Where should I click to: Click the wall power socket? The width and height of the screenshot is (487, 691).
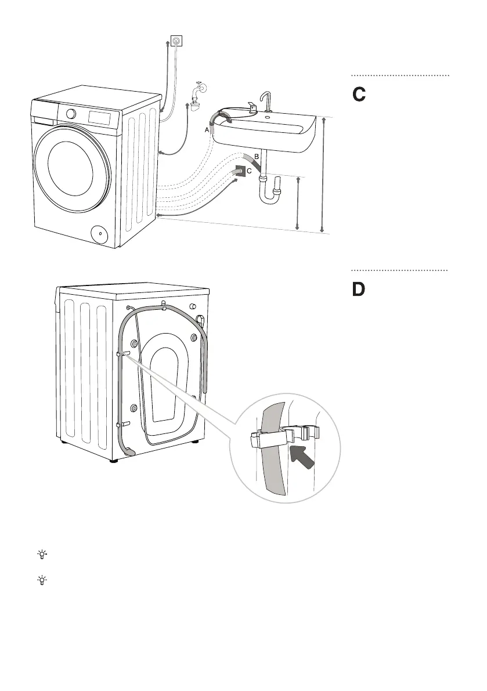pyautogui.click(x=176, y=41)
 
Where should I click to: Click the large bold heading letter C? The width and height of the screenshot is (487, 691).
pyautogui.click(x=359, y=95)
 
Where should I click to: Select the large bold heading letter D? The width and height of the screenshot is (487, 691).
pyautogui.click(x=359, y=290)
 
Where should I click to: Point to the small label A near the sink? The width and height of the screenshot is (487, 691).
pyautogui.click(x=207, y=130)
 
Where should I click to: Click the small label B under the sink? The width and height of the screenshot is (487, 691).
pyautogui.click(x=257, y=156)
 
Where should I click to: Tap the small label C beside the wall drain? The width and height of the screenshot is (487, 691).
pyautogui.click(x=249, y=171)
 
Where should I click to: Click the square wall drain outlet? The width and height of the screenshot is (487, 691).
pyautogui.click(x=240, y=171)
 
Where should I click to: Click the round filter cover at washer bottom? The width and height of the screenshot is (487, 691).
pyautogui.click(x=100, y=234)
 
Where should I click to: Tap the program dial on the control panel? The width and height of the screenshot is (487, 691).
pyautogui.click(x=71, y=114)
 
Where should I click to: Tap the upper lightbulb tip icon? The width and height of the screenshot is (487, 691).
pyautogui.click(x=42, y=555)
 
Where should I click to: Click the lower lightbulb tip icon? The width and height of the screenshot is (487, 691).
pyautogui.click(x=42, y=580)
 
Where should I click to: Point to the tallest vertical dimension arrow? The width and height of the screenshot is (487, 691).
pyautogui.click(x=323, y=175)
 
